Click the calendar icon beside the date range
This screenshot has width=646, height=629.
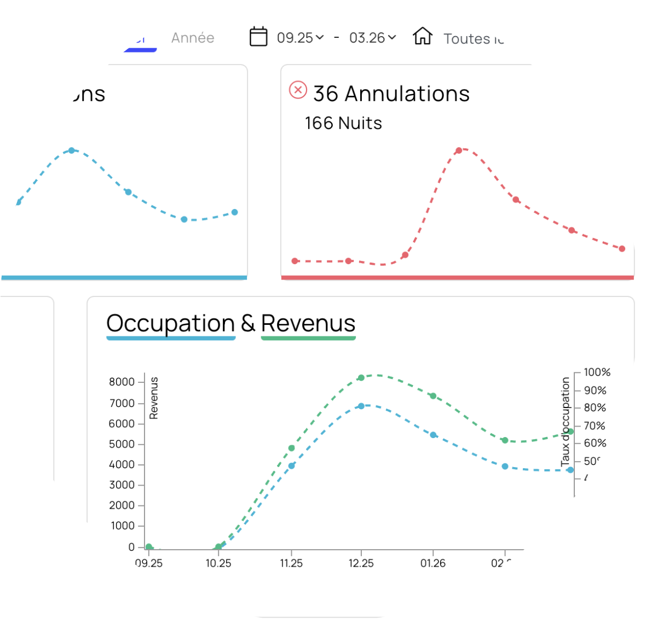pyautogui.click(x=258, y=37)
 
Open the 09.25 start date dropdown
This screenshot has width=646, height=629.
pyautogui.click(x=300, y=38)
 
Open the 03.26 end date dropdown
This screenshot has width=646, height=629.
pyautogui.click(x=372, y=38)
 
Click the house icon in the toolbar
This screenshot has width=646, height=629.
pyautogui.click(x=423, y=36)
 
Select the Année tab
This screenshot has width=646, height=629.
pyautogui.click(x=193, y=38)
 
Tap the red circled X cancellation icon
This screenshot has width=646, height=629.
pyautogui.click(x=298, y=90)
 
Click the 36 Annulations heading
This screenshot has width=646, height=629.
pyautogui.click(x=391, y=94)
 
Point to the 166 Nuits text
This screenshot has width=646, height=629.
pyautogui.click(x=343, y=123)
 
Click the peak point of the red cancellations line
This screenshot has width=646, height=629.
pyautogui.click(x=459, y=150)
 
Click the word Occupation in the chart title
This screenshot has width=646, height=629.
pyautogui.click(x=170, y=323)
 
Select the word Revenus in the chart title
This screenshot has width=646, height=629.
pyautogui.click(x=308, y=323)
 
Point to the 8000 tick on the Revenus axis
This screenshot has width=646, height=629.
pyautogui.click(x=122, y=382)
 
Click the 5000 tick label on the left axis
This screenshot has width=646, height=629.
pyautogui.click(x=122, y=444)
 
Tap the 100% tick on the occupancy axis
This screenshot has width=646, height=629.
pyautogui.click(x=597, y=372)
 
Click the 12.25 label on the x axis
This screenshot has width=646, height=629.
pyautogui.click(x=361, y=563)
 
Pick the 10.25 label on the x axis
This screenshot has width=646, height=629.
pyautogui.click(x=218, y=563)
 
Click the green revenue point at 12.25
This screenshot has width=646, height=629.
pyautogui.click(x=361, y=377)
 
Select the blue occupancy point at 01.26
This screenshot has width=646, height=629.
pyautogui.click(x=433, y=435)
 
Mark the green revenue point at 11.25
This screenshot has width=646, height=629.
pyautogui.click(x=291, y=448)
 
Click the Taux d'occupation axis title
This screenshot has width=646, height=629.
pyautogui.click(x=565, y=422)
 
